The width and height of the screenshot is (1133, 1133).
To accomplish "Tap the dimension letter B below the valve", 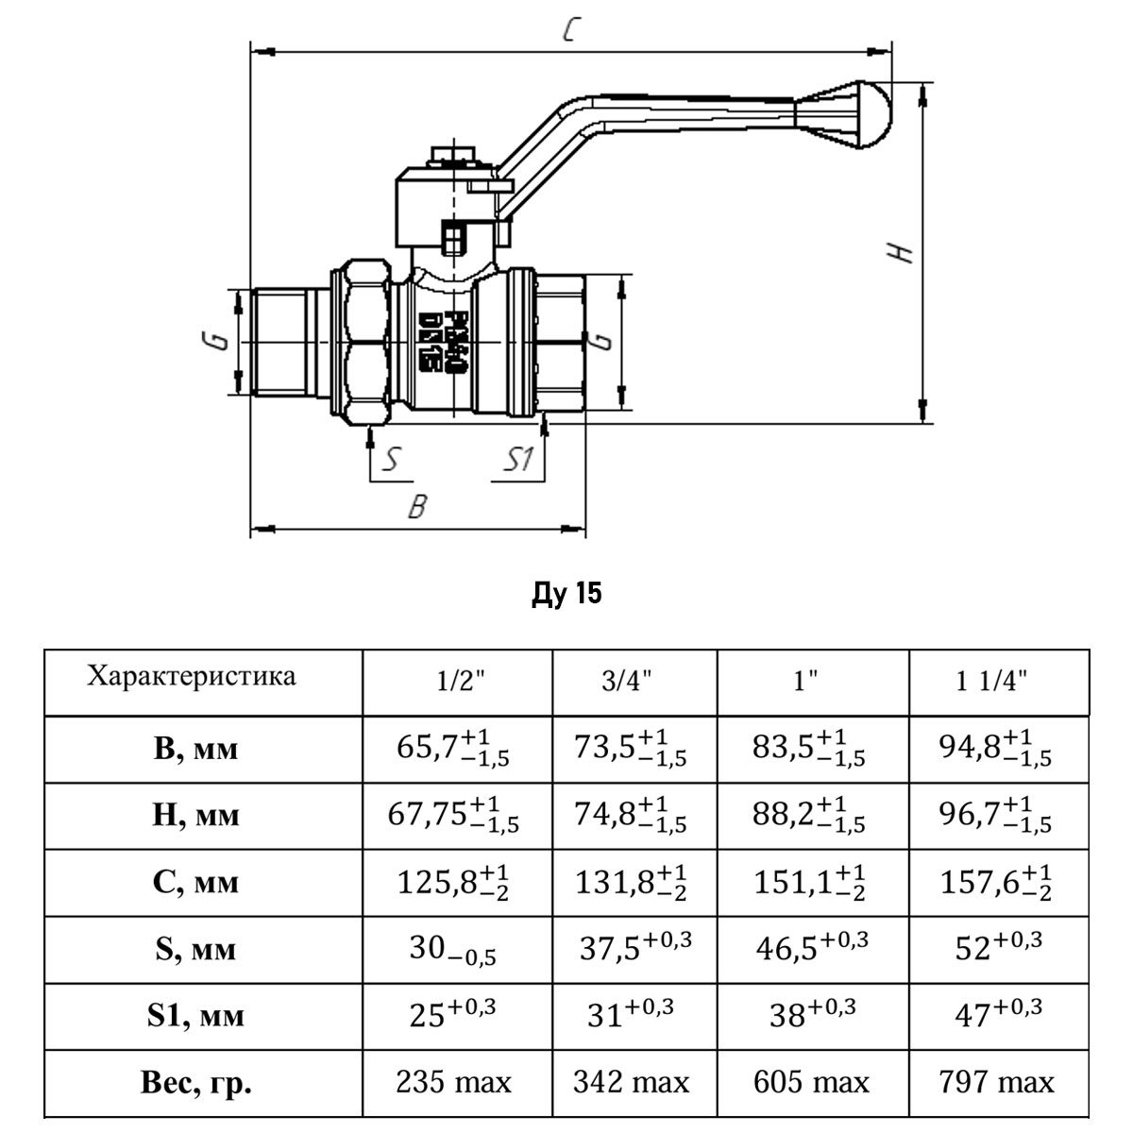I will tap(416, 507).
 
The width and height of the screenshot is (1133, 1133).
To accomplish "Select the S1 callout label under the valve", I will tap(518, 460).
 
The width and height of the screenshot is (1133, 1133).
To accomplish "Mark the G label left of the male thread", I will tap(217, 340).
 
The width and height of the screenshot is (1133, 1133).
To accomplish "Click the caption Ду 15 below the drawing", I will tap(566, 594).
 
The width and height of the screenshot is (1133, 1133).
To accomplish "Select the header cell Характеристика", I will tap(191, 676).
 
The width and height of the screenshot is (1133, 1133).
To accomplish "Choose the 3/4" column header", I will tap(627, 682).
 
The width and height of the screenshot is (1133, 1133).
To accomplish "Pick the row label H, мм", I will tap(195, 815).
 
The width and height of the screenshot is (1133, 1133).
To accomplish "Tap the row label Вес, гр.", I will tap(195, 1082).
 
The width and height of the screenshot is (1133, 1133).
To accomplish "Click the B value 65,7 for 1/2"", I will tap(452, 748).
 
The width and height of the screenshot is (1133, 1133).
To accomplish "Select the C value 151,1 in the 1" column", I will tap(808, 882).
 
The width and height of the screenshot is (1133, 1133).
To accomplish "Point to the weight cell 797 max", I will tap(996, 1082).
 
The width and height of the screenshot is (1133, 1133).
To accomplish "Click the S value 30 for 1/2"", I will tap(451, 949).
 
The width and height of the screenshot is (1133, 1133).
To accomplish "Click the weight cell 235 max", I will tap(454, 1082).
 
